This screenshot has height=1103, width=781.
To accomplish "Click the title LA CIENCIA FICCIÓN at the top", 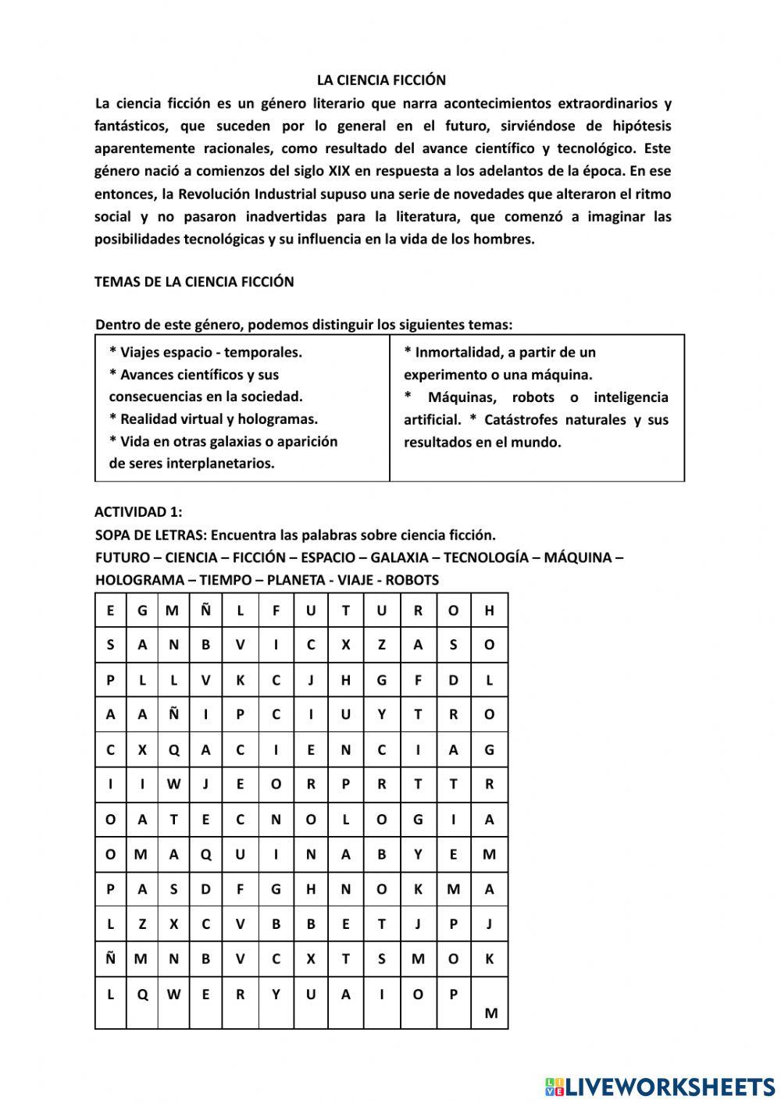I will pos(381,80).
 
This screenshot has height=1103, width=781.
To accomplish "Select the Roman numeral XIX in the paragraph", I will pos(336,171).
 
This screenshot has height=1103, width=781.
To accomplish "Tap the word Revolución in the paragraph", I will pos(218,194).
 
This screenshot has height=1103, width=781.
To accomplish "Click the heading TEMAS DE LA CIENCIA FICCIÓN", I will pos(194,282).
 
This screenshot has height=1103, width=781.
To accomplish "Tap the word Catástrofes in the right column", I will pos(520,420).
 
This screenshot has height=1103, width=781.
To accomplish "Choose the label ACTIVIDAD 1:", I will pos(138,512).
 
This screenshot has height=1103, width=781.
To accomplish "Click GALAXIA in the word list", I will pos(399,557).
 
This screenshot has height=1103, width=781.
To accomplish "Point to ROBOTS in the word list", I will pos(412,580).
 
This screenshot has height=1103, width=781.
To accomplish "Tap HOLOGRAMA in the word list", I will pos(136,580).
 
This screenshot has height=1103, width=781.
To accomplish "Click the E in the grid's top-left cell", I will pos(110,610).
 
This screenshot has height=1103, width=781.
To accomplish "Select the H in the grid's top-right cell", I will pos(490,610).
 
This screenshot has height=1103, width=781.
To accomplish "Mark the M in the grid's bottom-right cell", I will pos(490,1013).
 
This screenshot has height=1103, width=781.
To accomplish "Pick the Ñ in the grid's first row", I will pos(205,610).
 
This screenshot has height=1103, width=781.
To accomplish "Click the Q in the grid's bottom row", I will pos(142,994).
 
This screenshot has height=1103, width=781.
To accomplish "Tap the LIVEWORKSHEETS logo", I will pos(659,1086).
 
